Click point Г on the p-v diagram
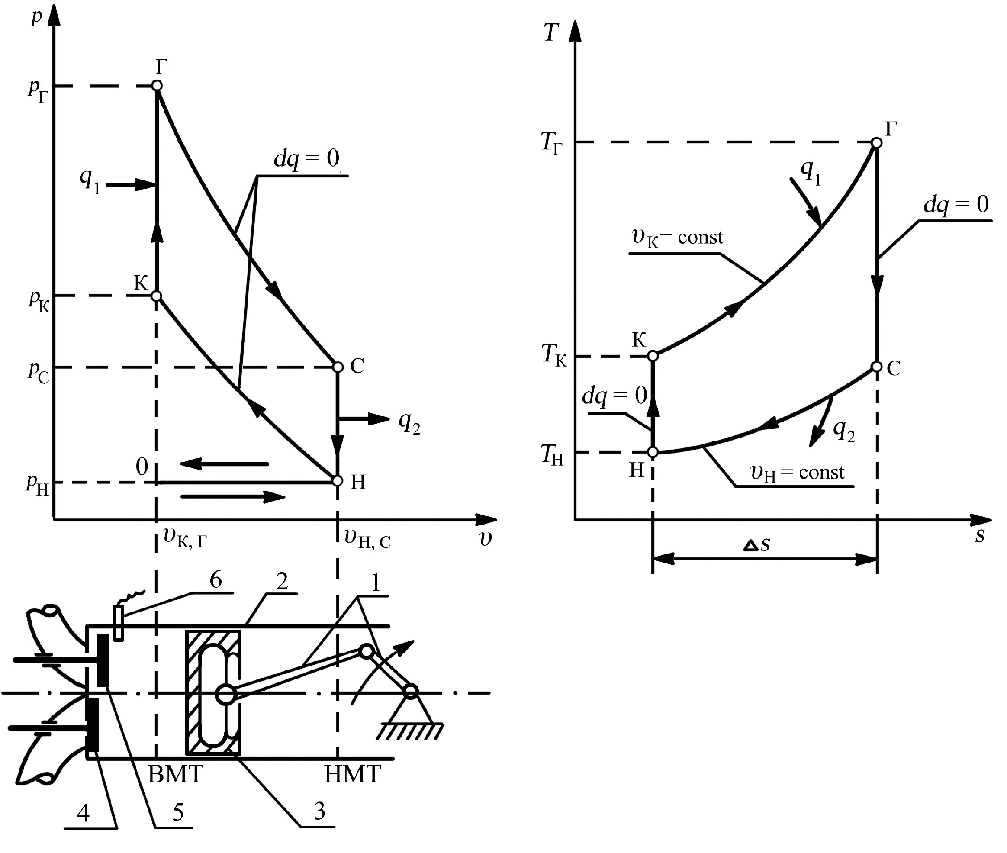click(157, 86)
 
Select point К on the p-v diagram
click(157, 296)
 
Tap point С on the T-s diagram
click(877, 367)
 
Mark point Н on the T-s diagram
click(653, 452)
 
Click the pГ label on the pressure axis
click(38, 90)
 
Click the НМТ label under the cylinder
click(352, 775)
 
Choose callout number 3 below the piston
click(319, 811)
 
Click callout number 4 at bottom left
click(83, 813)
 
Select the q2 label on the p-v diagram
click(409, 424)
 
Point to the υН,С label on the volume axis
click(367, 538)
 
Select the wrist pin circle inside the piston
click(225, 695)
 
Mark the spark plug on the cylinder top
click(119, 623)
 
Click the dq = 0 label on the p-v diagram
click(307, 158)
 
